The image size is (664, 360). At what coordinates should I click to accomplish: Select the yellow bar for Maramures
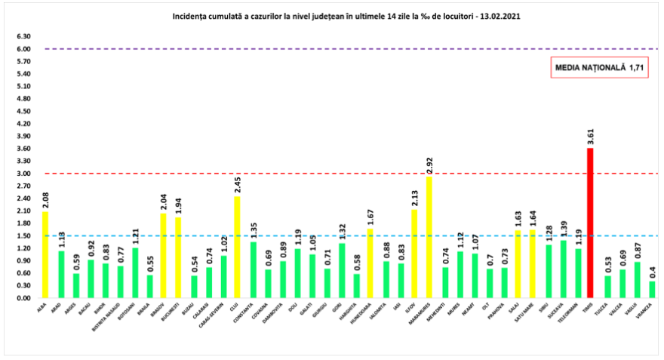[x=429, y=237]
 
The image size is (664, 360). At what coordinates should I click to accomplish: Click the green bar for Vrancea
[x=652, y=289]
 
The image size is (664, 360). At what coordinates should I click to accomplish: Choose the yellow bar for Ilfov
[x=414, y=254]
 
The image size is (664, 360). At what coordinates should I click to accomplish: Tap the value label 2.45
[x=238, y=184]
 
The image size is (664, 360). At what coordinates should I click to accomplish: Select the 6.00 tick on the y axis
[x=23, y=49]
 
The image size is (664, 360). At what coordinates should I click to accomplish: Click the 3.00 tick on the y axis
[x=23, y=174]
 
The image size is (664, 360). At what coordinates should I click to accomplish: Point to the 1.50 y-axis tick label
[x=23, y=235]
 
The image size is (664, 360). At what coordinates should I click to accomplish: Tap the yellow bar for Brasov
[x=163, y=255]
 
